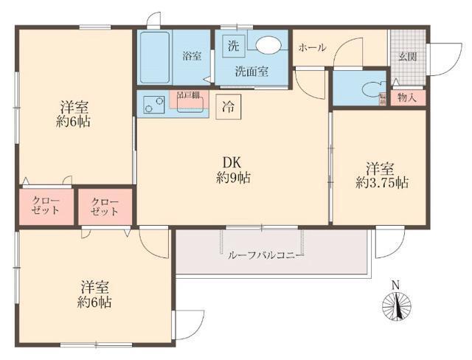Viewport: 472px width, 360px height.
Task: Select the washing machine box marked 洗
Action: coord(233,44)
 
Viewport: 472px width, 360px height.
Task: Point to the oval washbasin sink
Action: coord(266,44)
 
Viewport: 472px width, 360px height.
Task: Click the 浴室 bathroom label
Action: coord(192,56)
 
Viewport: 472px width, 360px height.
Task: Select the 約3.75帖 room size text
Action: coord(381,181)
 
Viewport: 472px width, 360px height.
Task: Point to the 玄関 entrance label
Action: coord(408,57)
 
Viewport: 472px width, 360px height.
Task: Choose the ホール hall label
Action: coord(312,47)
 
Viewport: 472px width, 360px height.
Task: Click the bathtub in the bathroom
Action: coord(154,58)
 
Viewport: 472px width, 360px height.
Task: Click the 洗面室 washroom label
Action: coord(251,72)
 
